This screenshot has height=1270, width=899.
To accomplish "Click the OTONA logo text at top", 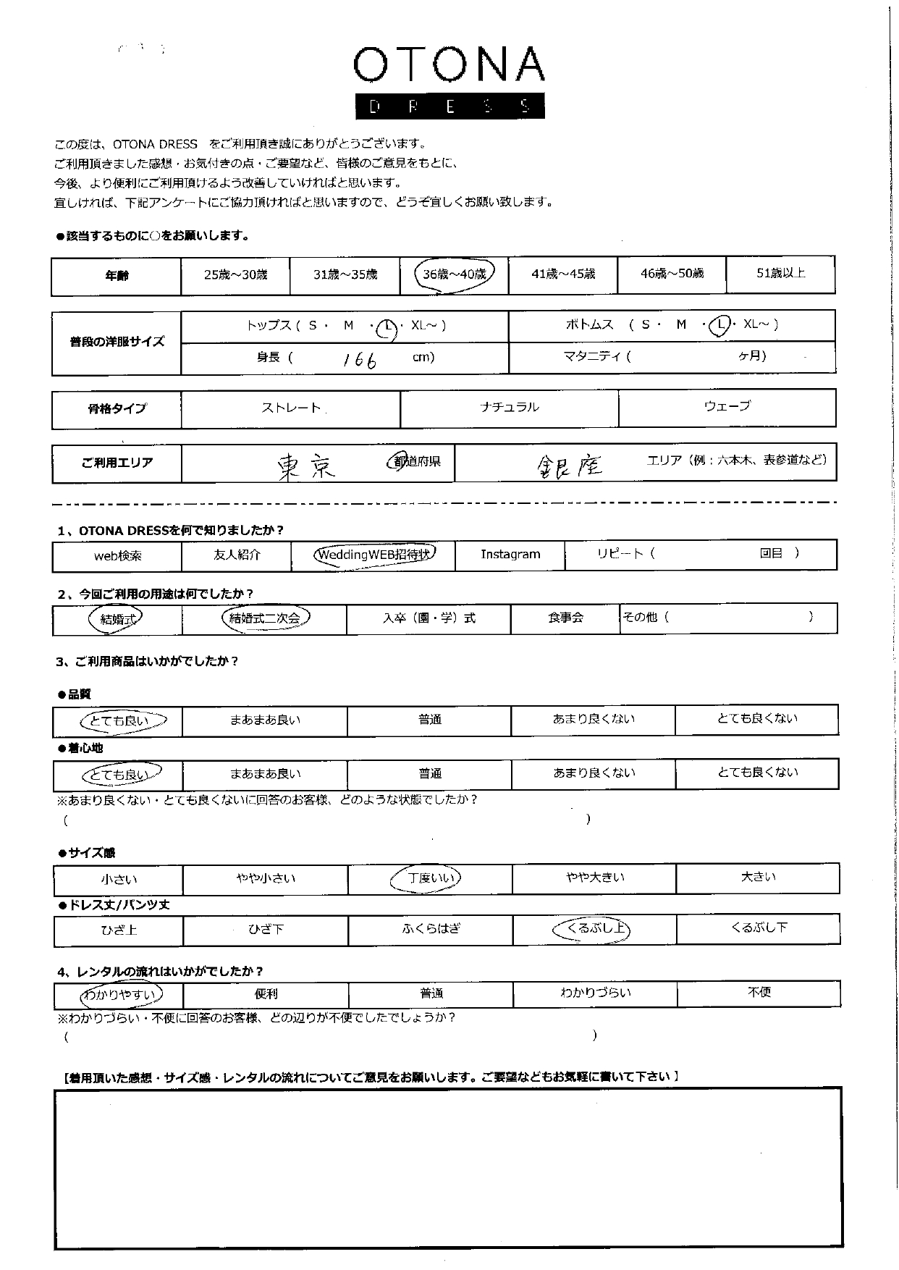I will click(449, 65).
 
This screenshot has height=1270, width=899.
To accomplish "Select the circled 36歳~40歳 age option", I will click(454, 274).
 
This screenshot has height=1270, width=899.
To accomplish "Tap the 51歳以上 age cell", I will click(780, 273).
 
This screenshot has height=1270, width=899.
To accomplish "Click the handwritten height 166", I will click(360, 359).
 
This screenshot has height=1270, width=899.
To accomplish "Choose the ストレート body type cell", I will click(291, 408).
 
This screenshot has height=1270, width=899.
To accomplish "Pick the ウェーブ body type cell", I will click(727, 406).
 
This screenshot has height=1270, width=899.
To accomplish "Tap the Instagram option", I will click(510, 554).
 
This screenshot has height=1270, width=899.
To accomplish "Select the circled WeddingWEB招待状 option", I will click(373, 555).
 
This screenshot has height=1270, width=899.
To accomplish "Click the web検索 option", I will click(118, 556).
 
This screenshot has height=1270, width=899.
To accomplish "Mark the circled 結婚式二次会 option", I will click(264, 618).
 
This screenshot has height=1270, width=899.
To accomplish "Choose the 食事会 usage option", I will click(565, 618).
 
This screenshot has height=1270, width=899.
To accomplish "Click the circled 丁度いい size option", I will click(430, 878).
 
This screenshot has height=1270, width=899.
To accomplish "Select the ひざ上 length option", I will click(119, 930).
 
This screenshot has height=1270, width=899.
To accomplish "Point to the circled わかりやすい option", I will click(119, 995).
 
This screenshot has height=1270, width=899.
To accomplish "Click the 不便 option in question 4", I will click(759, 992).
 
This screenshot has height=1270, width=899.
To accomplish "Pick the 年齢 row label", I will click(117, 275).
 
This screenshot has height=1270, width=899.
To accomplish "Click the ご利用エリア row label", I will click(117, 463).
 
